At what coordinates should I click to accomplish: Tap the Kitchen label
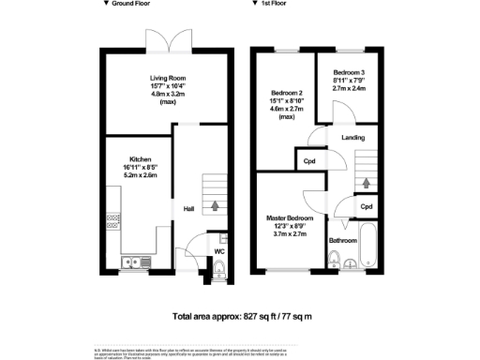point(141,159)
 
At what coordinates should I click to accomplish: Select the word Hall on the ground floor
point(188,208)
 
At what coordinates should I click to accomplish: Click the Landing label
point(352,138)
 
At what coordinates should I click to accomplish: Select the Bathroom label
point(343,241)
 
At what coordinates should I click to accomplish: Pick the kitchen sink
point(131,260)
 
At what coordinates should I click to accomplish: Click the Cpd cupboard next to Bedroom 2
point(309,161)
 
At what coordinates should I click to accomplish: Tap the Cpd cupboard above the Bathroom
point(367,206)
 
